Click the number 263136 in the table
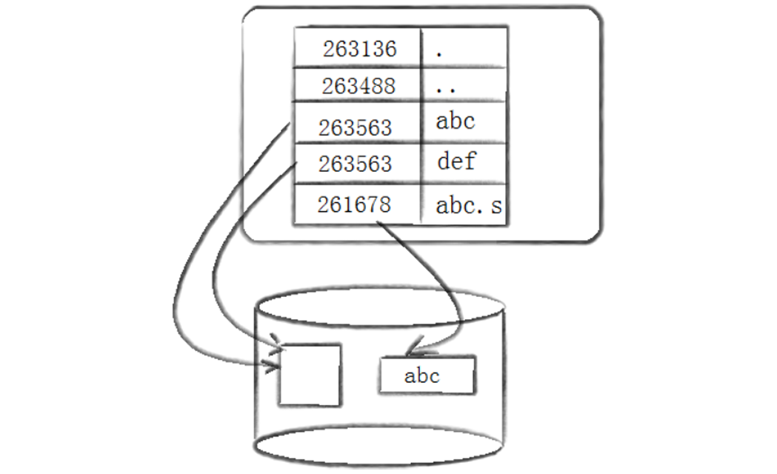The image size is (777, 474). click(359, 49)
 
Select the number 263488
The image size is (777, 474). click(359, 86)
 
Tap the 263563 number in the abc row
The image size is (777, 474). click(355, 127)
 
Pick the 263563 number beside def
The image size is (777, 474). click(355, 164)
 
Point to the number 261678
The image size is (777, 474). click(353, 204)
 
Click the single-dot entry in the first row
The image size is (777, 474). click(440, 53)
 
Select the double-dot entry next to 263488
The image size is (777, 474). click(445, 88)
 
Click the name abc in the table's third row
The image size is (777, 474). click(455, 121)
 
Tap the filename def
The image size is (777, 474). click(456, 161)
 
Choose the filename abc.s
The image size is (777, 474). click(468, 206)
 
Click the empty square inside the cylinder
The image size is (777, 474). click(310, 374)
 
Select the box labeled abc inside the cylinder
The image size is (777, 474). click(426, 375)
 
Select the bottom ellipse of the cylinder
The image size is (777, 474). click(379, 447)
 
